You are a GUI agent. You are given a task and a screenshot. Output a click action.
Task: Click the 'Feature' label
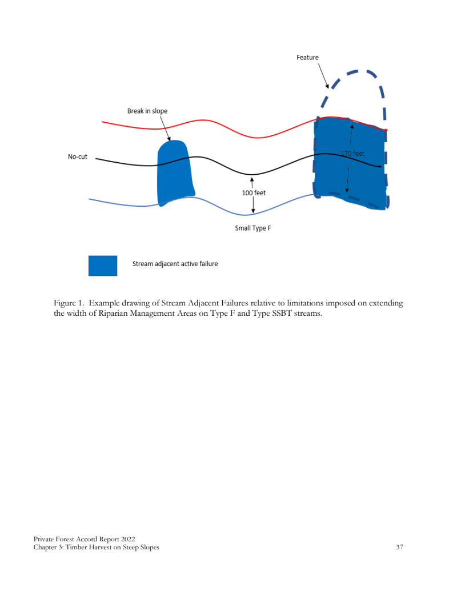[x=307, y=58]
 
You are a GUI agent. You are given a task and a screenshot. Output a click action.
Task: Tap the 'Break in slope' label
[x=147, y=111]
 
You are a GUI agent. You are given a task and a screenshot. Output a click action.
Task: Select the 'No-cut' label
[x=78, y=156]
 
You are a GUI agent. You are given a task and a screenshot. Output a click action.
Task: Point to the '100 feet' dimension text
[x=254, y=193]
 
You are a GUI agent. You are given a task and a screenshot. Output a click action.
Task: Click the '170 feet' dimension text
[x=352, y=154]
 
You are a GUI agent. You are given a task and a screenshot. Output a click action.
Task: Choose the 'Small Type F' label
[x=253, y=228]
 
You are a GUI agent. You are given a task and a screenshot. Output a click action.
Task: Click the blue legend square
[x=103, y=266]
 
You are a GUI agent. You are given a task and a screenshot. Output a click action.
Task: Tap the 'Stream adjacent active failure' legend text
[x=175, y=264]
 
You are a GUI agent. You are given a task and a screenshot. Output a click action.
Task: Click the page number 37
[x=399, y=548]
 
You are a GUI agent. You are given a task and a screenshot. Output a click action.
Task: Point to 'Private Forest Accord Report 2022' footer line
[x=85, y=539]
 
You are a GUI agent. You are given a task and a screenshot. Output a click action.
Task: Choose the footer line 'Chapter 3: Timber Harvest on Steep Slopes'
[x=96, y=548]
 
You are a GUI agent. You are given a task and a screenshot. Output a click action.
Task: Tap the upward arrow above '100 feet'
[x=252, y=182]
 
